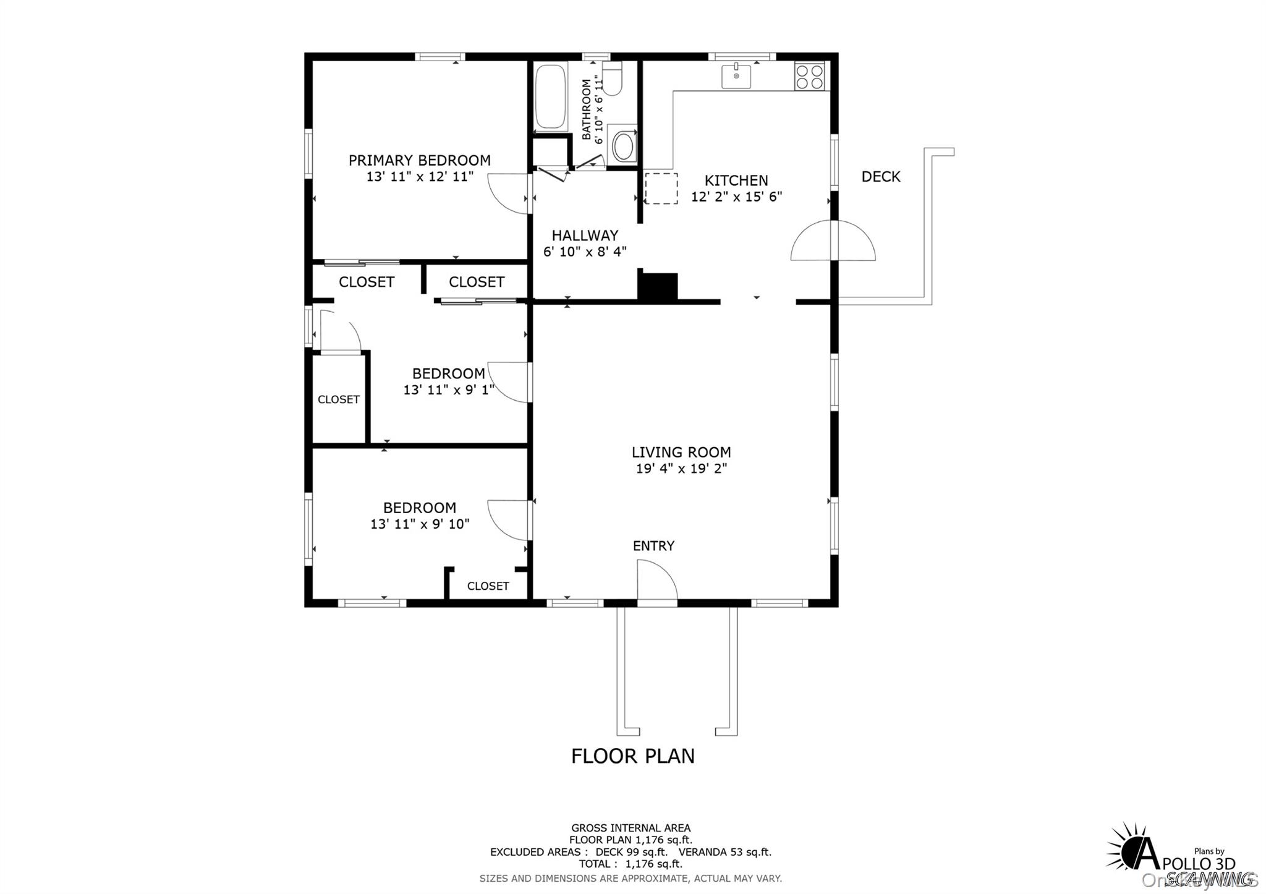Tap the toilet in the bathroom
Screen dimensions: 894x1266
612,80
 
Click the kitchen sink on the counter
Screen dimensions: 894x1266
736,77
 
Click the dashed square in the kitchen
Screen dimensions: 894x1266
661,189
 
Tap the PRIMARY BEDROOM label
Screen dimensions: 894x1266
419,161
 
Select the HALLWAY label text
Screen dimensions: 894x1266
585,236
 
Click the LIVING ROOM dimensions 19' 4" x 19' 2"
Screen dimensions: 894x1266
681,469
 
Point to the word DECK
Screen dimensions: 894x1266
881,177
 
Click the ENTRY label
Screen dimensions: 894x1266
653,546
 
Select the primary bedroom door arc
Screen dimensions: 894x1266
508,194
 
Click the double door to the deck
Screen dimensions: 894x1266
833,241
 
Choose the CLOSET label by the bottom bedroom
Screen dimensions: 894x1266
488,586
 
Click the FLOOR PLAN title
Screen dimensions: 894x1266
632,756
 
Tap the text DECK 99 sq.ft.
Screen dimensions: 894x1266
631,852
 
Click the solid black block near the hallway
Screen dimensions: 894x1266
658,287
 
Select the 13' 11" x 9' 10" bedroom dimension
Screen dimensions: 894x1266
420,524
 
